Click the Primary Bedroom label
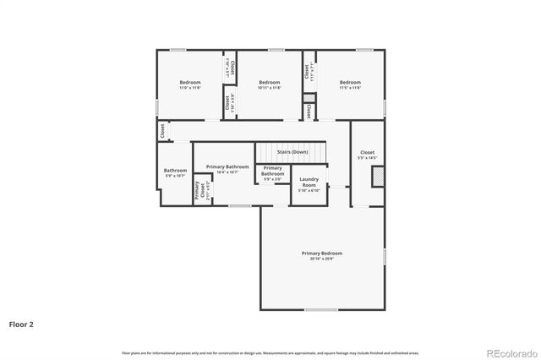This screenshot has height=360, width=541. [322, 254]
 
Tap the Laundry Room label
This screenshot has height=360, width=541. [309, 181]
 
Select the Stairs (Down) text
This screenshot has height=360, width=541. [293, 151]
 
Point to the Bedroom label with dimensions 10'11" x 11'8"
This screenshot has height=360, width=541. [269, 82]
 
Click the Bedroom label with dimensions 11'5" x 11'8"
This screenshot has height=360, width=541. [350, 82]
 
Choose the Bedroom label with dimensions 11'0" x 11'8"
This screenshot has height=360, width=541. [189, 82]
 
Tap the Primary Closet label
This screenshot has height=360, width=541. [197, 191]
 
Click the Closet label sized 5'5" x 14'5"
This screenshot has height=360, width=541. [367, 153]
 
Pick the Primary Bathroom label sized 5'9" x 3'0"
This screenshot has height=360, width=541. [272, 172]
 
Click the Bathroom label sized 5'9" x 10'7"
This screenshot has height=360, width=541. [175, 172]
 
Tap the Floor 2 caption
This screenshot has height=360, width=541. [22, 324]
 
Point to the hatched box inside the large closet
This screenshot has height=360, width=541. [379, 176]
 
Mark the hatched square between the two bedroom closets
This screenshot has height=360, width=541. [309, 97]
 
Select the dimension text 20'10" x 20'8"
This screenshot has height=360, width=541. [322, 258]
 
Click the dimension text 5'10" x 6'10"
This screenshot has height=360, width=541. [309, 190]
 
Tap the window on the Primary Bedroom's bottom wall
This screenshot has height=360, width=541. [321, 309]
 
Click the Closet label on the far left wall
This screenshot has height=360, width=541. [161, 132]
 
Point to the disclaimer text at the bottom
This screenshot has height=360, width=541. [270, 352]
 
